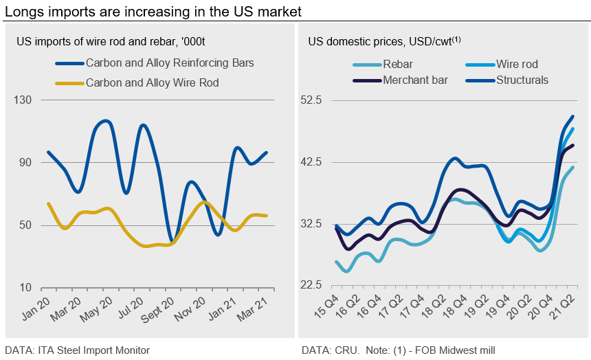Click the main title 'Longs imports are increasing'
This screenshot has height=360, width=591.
click(x=153, y=12)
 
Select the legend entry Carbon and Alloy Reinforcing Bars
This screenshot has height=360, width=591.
click(x=169, y=63)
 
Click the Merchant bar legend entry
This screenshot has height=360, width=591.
click(x=415, y=80)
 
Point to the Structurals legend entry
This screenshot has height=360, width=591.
click(x=523, y=80)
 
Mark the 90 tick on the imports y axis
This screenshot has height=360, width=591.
click(x=25, y=163)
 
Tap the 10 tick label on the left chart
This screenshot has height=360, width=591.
click(x=25, y=288)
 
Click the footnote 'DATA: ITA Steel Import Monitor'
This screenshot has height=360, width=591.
click(x=77, y=350)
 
